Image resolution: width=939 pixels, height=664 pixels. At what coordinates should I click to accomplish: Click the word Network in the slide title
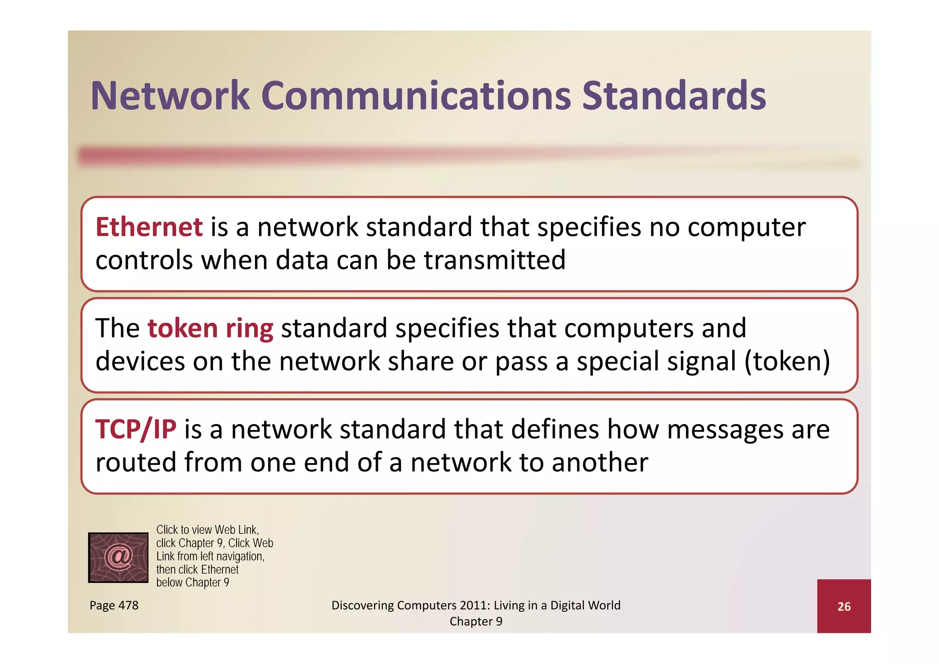coord(170,96)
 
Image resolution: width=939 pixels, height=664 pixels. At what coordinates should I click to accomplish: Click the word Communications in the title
coord(416,96)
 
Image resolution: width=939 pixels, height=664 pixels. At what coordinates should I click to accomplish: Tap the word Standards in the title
coord(674,96)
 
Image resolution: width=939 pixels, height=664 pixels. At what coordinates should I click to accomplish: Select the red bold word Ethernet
coord(149,227)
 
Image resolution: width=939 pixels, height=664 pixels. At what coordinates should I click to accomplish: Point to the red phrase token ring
coord(210,329)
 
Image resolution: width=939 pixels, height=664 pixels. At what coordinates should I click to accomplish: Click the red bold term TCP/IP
coord(136,430)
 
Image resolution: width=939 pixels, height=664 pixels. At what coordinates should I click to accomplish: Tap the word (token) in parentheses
coord(787,361)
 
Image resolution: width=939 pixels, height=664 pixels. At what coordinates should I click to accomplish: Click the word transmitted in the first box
coord(494,260)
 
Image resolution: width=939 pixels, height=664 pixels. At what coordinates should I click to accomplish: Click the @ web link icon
coord(118,557)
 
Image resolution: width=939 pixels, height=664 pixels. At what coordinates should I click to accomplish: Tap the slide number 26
coord(844,607)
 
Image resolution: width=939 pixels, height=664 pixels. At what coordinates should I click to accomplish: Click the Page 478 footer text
coord(114,605)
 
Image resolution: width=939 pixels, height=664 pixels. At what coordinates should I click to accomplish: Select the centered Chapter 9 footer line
coord(475,621)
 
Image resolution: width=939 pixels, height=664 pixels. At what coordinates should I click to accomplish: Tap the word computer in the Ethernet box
coord(746,227)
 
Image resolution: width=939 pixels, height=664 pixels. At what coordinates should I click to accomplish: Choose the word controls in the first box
coord(144,260)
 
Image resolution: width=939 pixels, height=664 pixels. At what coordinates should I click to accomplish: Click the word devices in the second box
coord(140,361)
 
